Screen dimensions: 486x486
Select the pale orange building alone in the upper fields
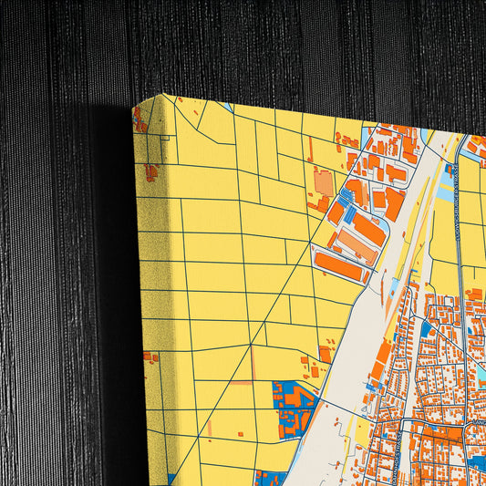pos(324,182)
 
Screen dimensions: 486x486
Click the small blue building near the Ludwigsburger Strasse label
pos(449,170)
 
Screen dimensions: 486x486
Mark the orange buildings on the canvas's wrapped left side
pos(150,171)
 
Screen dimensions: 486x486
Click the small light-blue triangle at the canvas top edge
pos(227,108)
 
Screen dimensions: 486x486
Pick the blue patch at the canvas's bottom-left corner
pos(171,479)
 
